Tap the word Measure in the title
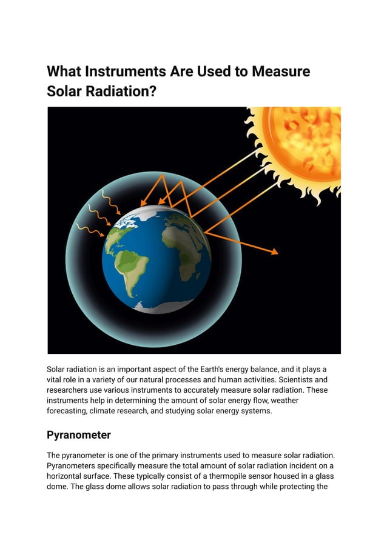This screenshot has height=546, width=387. coord(279,72)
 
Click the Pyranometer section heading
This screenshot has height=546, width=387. coord(78,435)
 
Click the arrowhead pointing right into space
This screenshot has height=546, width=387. coord(275,251)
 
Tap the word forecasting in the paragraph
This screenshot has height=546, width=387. coord(70,411)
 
